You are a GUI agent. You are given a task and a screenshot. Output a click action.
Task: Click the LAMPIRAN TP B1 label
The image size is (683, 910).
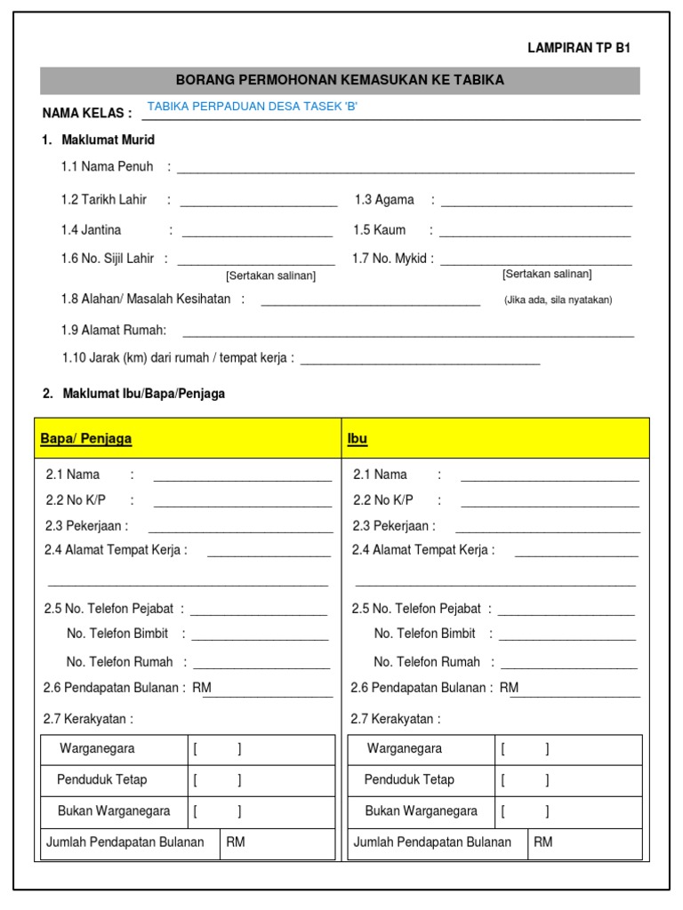[x=579, y=49]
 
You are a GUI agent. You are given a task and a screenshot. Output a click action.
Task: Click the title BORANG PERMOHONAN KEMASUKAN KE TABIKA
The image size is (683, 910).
[x=340, y=80]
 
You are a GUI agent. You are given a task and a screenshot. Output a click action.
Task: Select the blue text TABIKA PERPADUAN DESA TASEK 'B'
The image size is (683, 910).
[x=253, y=107]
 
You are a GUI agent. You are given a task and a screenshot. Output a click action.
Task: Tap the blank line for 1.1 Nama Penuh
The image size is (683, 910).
[x=406, y=169]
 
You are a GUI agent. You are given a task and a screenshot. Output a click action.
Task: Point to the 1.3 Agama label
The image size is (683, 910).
[x=384, y=200]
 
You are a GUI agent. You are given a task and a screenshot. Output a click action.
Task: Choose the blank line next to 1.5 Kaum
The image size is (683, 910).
[x=534, y=233]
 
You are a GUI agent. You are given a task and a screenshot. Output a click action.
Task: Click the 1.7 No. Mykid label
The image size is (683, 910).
[x=392, y=259]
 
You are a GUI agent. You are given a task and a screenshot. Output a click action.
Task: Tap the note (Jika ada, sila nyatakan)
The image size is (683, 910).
[x=558, y=300]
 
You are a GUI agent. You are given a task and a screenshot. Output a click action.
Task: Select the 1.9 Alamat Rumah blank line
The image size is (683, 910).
[x=407, y=333]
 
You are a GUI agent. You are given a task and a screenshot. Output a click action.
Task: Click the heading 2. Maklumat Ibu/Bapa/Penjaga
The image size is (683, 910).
[x=133, y=394]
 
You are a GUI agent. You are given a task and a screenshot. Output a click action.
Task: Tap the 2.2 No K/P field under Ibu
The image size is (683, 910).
[x=550, y=503]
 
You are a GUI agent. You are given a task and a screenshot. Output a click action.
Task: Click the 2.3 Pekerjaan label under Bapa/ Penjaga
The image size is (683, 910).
[x=86, y=526]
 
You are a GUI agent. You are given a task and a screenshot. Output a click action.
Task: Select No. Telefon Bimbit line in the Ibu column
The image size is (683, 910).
[x=567, y=636]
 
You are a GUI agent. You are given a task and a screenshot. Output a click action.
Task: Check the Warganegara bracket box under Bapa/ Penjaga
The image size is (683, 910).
[x=217, y=749]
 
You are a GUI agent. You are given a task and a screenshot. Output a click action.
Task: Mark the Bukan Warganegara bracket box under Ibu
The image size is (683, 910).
[x=525, y=811]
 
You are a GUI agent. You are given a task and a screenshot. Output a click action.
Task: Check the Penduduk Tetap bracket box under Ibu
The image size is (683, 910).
[x=525, y=780]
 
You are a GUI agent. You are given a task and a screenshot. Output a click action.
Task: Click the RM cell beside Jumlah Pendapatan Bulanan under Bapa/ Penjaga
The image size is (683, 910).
[x=277, y=842]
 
